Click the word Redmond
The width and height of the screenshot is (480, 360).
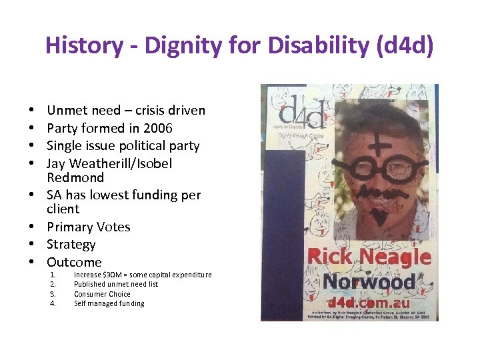tap(75, 178)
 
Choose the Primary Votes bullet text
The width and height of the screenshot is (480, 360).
tap(88, 227)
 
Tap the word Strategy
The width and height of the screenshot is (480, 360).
tap(71, 245)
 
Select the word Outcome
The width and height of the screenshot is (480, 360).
tap(74, 262)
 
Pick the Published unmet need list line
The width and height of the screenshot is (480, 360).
tap(116, 285)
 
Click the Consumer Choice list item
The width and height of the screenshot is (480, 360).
tap(102, 294)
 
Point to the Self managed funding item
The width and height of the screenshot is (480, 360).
tap(109, 303)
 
